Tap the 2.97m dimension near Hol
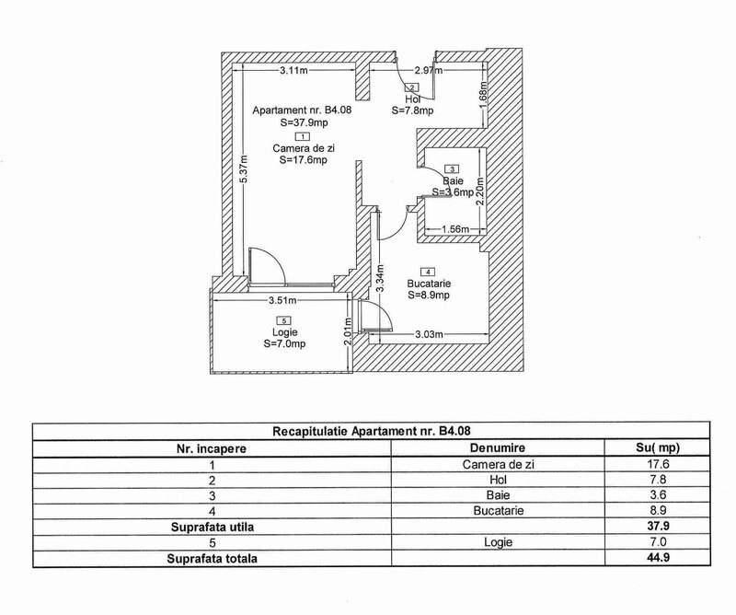428,70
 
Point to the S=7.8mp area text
412,110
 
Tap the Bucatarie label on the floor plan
428,284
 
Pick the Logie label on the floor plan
283,332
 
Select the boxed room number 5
283,320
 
